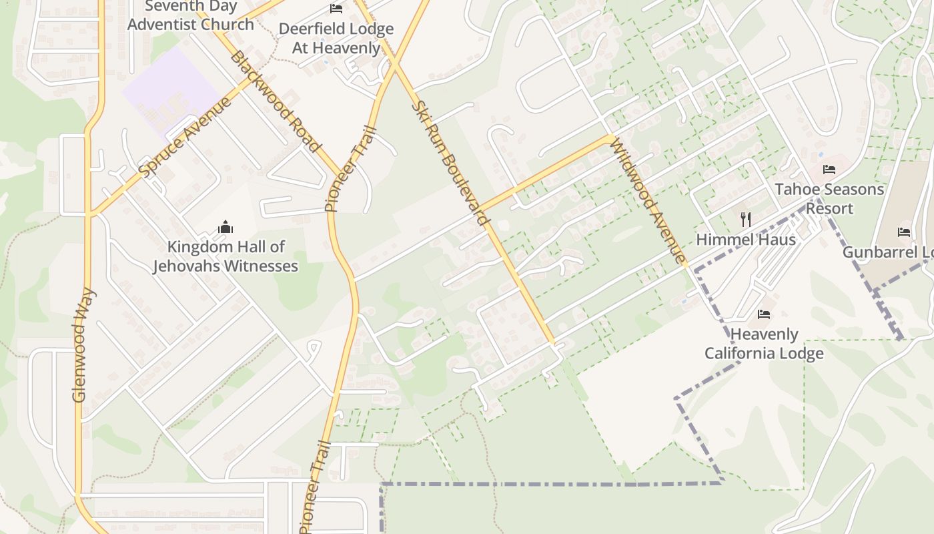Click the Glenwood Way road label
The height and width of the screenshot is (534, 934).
80,345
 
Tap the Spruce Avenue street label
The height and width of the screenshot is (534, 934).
186,137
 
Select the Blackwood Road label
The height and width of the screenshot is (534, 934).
276,102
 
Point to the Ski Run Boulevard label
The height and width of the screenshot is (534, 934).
450,162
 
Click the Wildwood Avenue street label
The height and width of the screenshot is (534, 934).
646,200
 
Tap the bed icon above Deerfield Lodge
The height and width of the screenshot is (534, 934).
336,9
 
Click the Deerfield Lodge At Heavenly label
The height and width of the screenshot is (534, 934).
336,39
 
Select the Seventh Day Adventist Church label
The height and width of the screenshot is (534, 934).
191,16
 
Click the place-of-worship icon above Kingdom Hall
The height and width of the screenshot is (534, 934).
225,227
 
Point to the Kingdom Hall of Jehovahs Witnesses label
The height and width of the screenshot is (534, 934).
225,256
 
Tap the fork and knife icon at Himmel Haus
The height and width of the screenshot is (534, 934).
746,219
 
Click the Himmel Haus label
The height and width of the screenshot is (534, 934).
746,240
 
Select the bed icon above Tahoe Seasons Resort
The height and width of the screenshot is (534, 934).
829,170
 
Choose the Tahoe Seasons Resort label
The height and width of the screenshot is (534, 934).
829,199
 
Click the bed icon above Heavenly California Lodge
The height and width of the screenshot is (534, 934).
764,314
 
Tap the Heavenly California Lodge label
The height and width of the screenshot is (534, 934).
764,344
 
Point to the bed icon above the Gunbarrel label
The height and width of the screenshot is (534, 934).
904,232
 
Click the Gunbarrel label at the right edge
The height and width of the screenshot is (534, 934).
887,252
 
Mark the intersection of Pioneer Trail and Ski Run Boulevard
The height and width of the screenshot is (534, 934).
394,65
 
